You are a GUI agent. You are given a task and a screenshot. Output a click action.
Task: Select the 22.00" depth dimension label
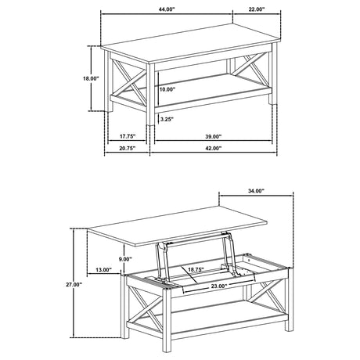[x=256, y=9]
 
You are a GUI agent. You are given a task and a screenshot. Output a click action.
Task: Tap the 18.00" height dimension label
[x=91, y=79]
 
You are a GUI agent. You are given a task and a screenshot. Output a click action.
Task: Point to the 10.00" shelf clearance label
[x=167, y=89]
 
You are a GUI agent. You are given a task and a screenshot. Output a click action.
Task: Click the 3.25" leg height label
[x=165, y=120]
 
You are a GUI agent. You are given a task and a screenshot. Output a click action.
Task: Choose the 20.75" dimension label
[x=128, y=148]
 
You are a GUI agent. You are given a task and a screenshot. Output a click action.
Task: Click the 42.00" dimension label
[x=211, y=148]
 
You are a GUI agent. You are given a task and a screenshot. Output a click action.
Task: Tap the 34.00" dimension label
[x=255, y=191]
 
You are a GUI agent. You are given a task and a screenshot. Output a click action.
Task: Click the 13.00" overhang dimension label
[x=103, y=270]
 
